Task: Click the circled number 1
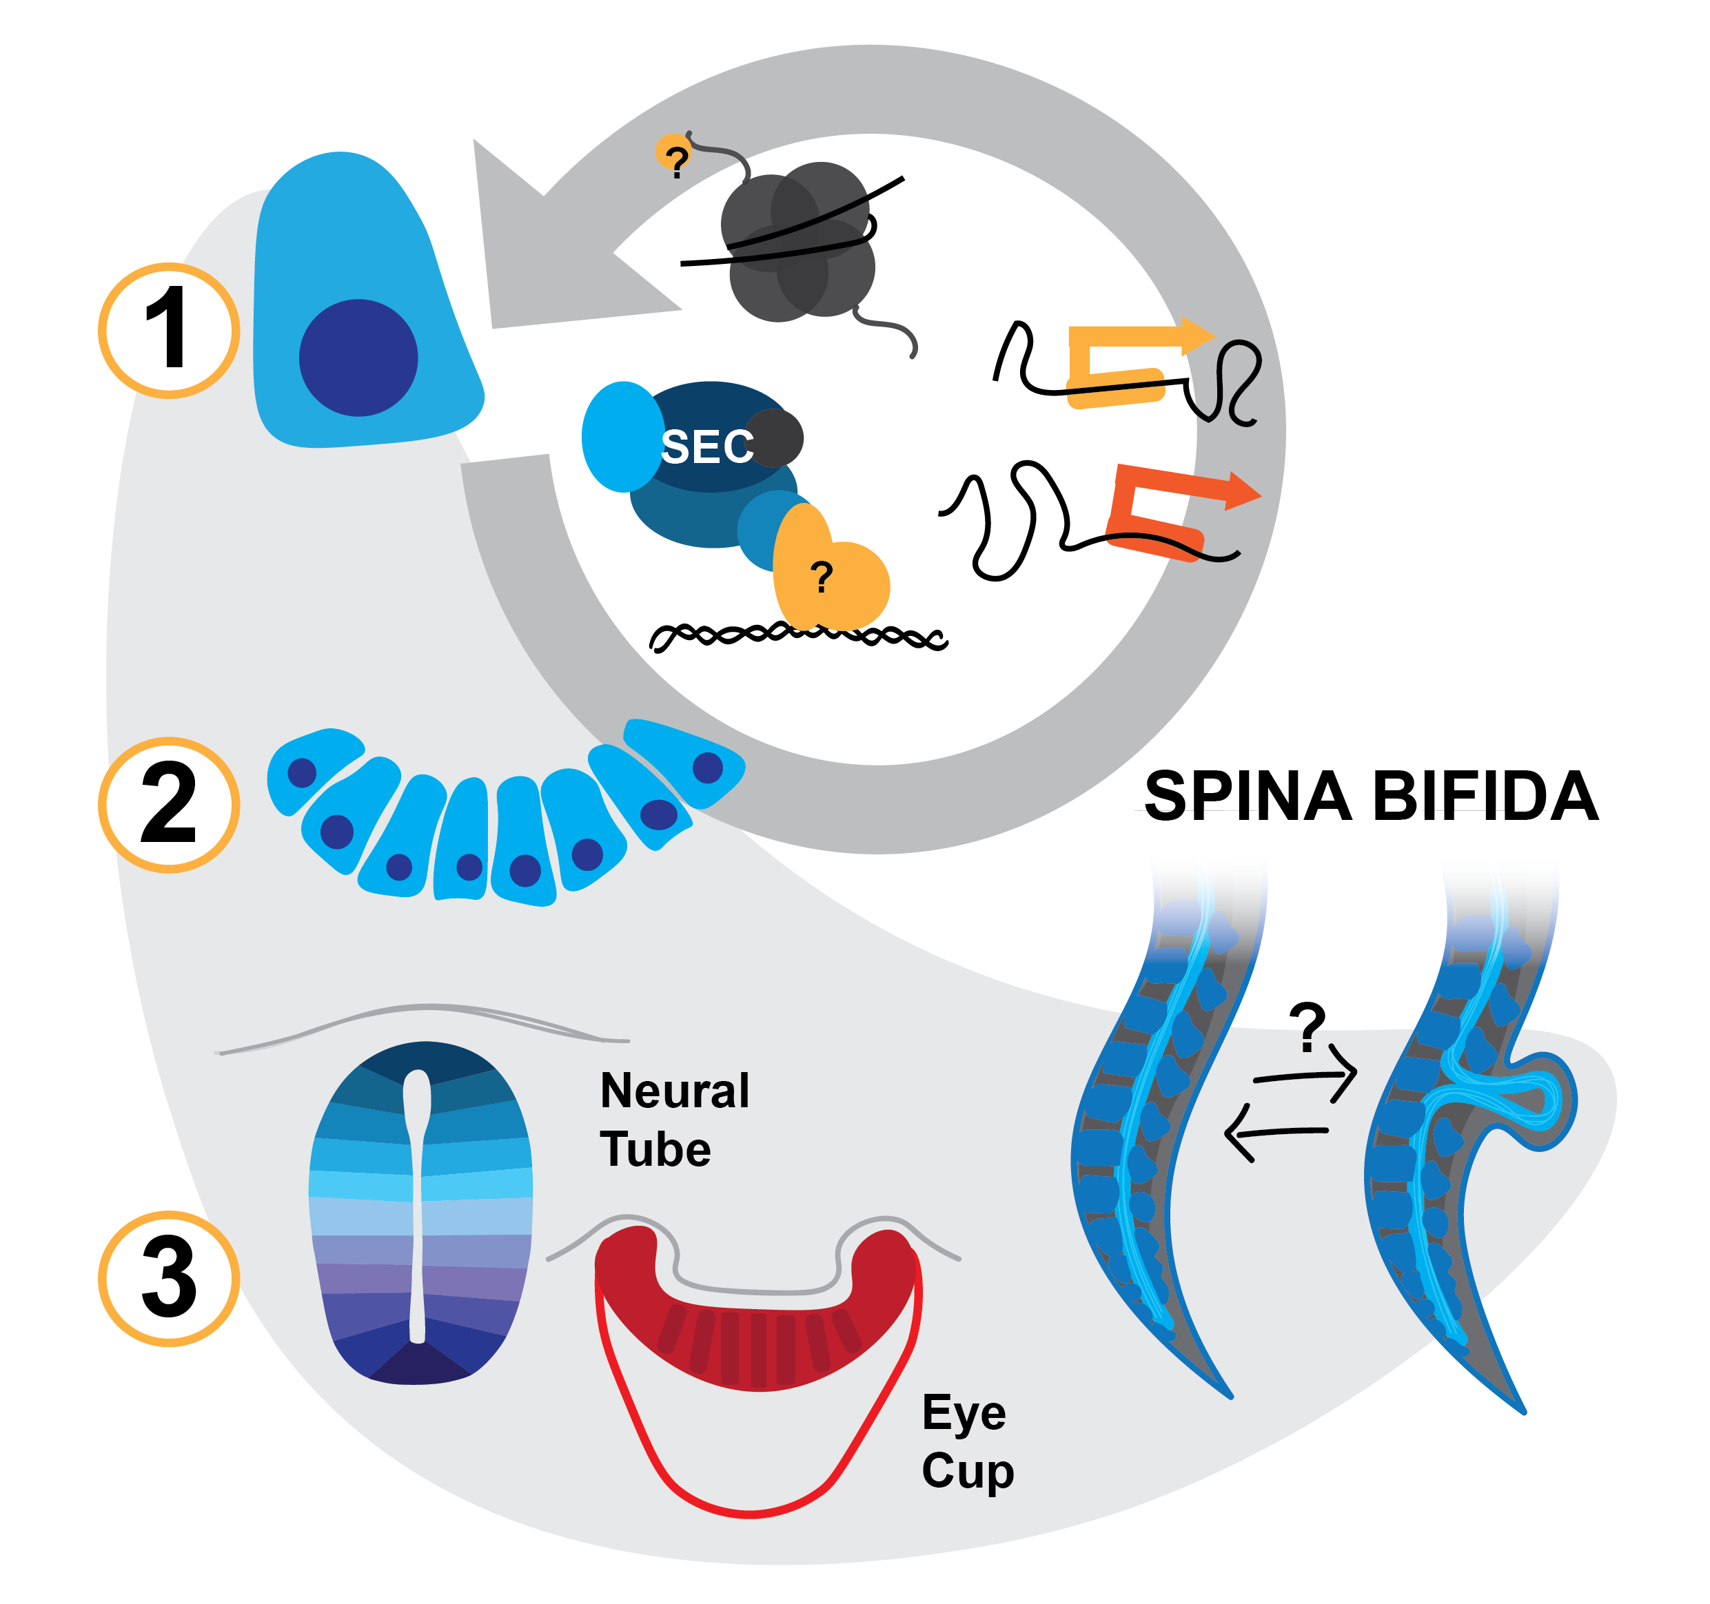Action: pos(169,330)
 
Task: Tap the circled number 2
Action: pos(169,805)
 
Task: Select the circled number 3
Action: pos(169,1278)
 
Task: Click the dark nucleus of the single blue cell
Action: pos(358,358)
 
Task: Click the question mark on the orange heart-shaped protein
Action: pos(822,576)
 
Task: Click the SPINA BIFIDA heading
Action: pos(1371,796)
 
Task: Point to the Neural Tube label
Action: pos(673,1120)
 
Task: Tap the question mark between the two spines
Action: pos(1307,1026)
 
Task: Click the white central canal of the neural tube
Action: pos(417,1204)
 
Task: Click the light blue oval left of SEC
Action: pos(620,437)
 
